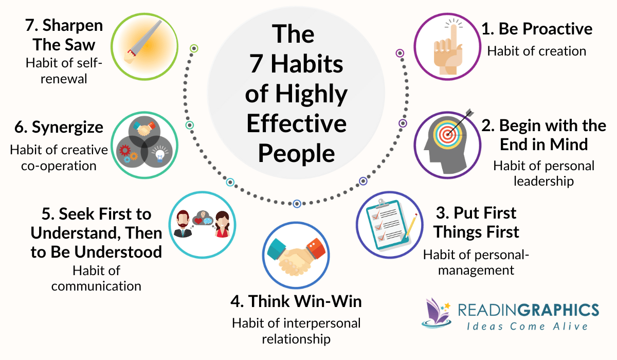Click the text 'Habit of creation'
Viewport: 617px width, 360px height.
coord(537,51)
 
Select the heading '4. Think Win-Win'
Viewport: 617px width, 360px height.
coord(296,301)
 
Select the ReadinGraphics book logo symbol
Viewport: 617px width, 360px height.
coord(435,312)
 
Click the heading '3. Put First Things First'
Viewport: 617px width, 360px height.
coord(476,222)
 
